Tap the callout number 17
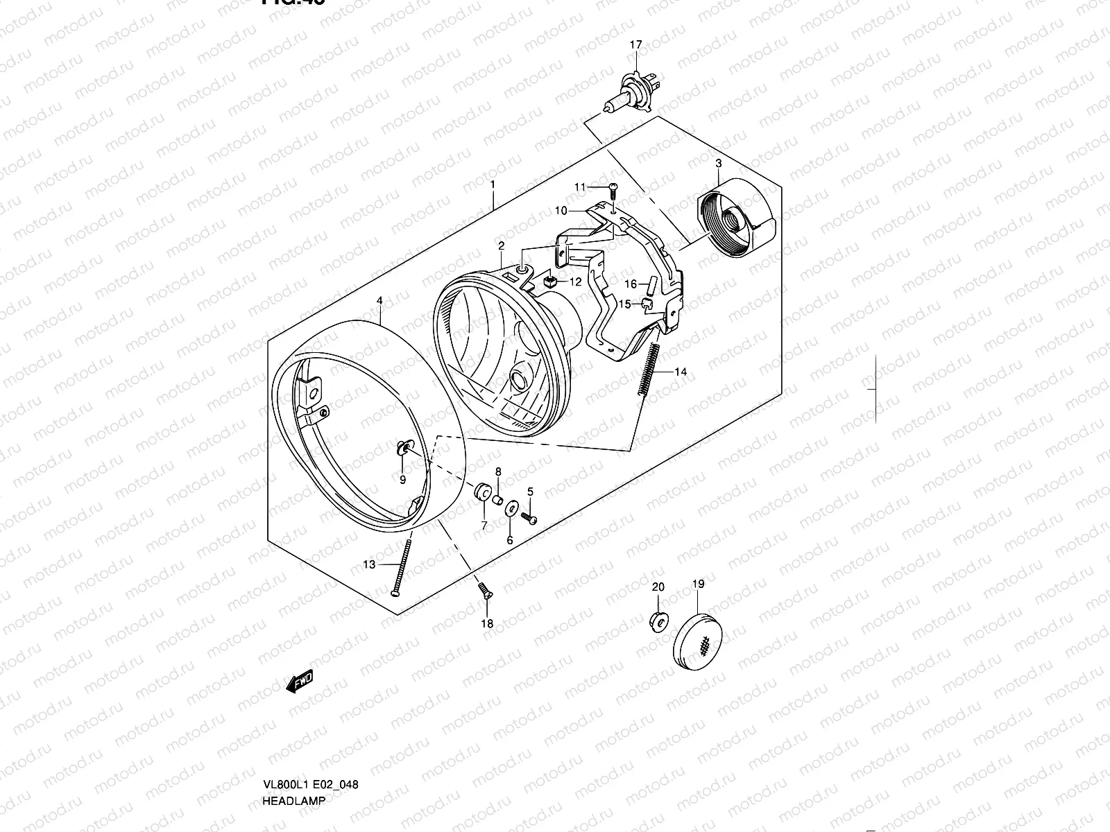(x=635, y=45)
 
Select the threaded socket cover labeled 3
(x=734, y=215)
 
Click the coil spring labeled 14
(x=649, y=370)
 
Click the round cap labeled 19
(x=698, y=638)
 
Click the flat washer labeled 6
(x=511, y=510)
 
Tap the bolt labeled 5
(x=531, y=519)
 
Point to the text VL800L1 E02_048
(x=310, y=727)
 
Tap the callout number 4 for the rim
(x=379, y=301)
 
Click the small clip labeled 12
(x=553, y=281)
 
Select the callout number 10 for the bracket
(x=561, y=210)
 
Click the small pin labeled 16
(x=651, y=285)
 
